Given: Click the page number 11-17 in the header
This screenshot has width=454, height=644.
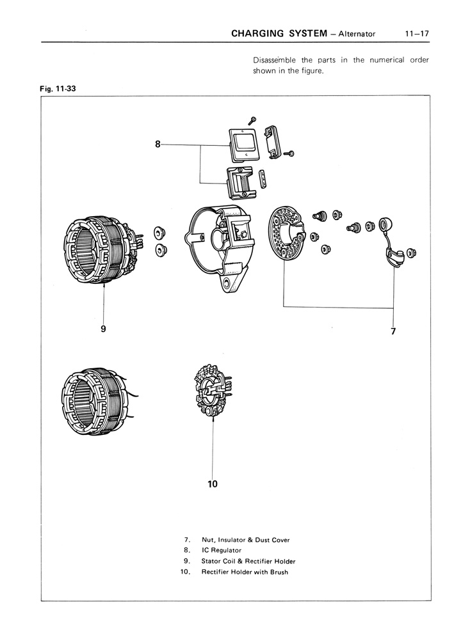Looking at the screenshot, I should tap(416, 33).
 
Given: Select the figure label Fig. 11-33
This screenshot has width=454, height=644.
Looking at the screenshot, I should tap(57, 89).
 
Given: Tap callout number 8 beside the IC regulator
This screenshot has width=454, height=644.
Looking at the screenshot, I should tap(158, 145).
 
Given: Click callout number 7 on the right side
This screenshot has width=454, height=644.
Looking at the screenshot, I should tap(393, 331).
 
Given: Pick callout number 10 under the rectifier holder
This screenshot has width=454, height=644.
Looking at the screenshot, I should tap(213, 484).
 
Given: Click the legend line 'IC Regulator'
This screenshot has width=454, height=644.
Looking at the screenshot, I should tap(221, 550).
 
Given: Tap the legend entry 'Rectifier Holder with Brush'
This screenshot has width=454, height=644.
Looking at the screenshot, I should tap(245, 572).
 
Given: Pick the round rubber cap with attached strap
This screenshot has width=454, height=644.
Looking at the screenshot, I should tap(387, 225).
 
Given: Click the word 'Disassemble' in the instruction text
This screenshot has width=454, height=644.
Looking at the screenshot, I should tap(275, 60).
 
